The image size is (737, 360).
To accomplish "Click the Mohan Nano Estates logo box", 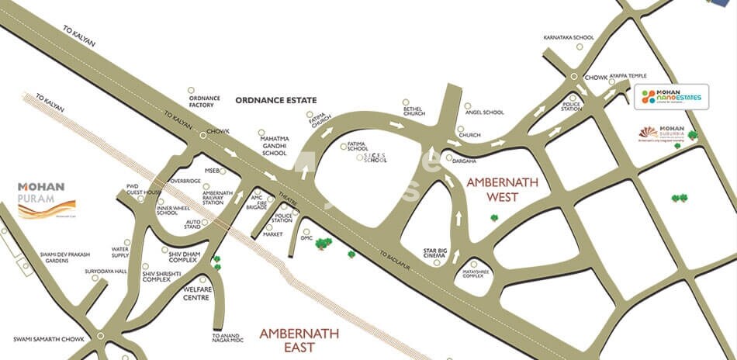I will point(670,97).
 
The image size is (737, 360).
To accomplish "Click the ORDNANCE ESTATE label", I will point(277,100).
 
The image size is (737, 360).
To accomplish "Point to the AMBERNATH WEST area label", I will point(502,189).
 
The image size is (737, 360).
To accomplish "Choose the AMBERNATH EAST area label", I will point(299,340).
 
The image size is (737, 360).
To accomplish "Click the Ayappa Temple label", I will point(628,76).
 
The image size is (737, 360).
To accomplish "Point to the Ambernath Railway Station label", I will point(217,197).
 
